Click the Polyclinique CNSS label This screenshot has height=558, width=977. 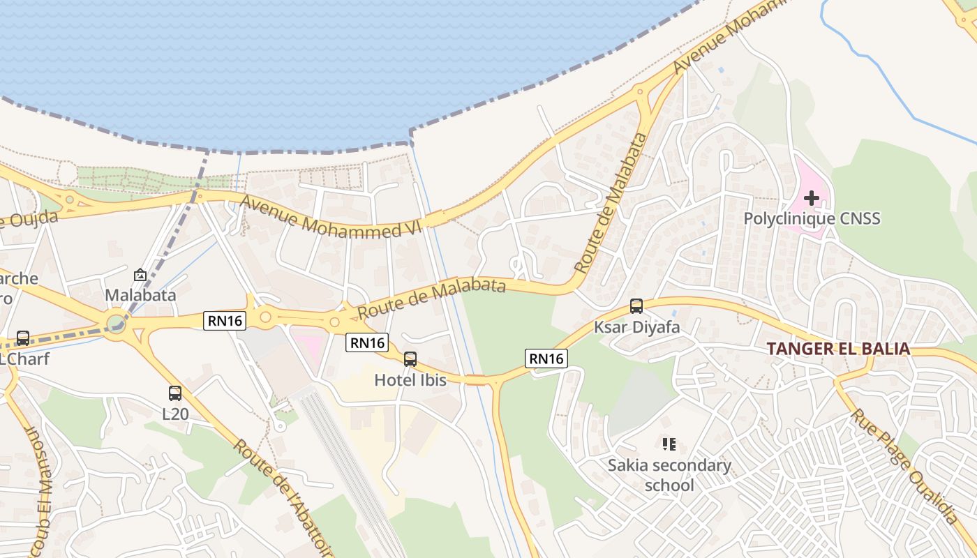coord(812,219)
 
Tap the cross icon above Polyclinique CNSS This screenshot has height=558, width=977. coord(811,198)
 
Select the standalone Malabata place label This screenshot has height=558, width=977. coord(140,295)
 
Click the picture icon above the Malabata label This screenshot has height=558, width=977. coord(140,276)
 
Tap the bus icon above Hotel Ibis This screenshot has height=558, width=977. coord(410,359)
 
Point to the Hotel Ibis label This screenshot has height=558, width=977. coord(410,380)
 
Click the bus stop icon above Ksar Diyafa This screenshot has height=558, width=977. coord(636,306)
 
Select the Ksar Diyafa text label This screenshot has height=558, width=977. coord(636,326)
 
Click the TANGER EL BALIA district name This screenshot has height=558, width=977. coord(838,349)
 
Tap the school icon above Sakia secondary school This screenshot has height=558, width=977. coord(669,444)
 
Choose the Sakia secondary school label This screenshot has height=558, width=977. coord(669,475)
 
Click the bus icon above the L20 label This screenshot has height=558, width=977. coord(175,393)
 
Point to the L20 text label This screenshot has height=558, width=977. coord(175,414)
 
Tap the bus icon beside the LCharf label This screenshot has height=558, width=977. coord(23,338)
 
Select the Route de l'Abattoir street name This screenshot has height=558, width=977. coord(282,497)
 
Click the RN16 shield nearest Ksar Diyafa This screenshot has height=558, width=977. coord(546,359)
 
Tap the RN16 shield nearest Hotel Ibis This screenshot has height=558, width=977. coord(366,342)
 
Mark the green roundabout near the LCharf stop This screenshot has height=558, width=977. coord(116,323)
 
